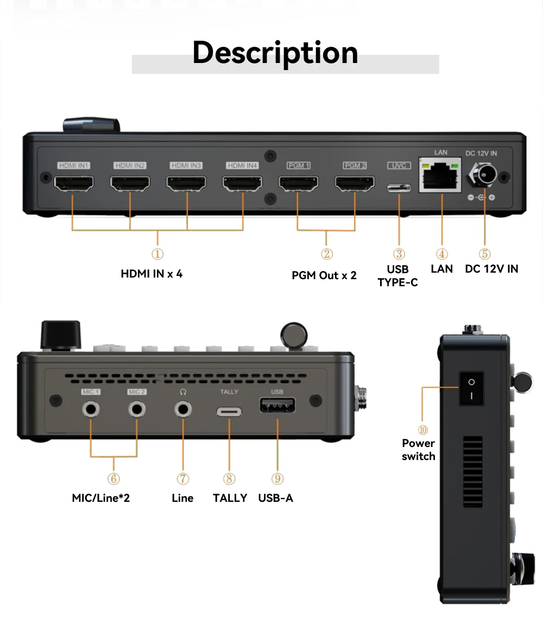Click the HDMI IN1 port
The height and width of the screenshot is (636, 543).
pyautogui.click(x=74, y=184)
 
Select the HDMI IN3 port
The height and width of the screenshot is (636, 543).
pyautogui.click(x=186, y=184)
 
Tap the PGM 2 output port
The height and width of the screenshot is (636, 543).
pyautogui.click(x=355, y=184)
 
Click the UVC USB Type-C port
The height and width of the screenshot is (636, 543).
pyautogui.click(x=399, y=188)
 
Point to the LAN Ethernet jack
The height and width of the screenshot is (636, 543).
pyautogui.click(x=441, y=178)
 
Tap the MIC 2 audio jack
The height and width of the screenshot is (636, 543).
pyautogui.click(x=137, y=408)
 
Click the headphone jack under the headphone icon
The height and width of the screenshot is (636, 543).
pyautogui.click(x=184, y=408)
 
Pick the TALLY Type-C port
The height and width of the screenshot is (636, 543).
pyautogui.click(x=229, y=411)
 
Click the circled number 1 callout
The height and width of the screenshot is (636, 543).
pyautogui.click(x=157, y=254)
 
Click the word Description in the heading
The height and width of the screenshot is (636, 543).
pyautogui.click(x=275, y=53)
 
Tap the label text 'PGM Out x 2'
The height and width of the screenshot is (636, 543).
pyautogui.click(x=324, y=275)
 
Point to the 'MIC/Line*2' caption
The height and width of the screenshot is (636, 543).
pyautogui.click(x=100, y=498)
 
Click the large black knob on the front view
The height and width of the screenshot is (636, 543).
pyautogui.click(x=61, y=335)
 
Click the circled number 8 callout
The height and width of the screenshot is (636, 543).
pyautogui.click(x=229, y=478)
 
